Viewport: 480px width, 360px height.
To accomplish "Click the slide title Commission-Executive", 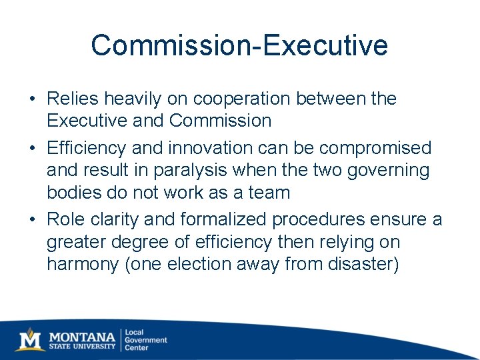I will coord(239,45).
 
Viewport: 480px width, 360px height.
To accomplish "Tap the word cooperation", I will coord(241,99).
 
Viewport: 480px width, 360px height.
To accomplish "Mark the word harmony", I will coord(83,265).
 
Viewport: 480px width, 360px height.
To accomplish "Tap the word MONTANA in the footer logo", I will coord(83,335).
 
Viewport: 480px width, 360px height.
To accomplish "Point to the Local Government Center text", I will coord(146,339).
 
